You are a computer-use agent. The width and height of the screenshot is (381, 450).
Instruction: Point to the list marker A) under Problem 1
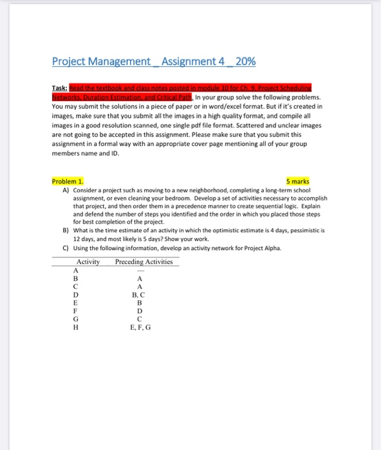point(66,191)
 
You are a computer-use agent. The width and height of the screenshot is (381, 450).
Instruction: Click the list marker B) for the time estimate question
point(66,228)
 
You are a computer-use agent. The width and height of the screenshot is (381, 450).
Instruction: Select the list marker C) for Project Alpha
point(66,248)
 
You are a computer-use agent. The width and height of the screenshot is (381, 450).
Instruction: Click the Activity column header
point(88,262)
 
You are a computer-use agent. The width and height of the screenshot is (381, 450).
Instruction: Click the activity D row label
point(75,294)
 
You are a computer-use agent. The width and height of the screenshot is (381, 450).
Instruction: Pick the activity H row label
point(75,327)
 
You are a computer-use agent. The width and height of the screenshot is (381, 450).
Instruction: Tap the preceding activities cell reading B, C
point(139,294)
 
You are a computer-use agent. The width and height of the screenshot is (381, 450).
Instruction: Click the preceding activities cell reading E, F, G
point(139,327)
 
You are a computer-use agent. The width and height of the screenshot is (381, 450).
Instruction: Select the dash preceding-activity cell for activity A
point(139,271)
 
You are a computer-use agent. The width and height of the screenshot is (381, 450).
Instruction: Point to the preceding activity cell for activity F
point(139,310)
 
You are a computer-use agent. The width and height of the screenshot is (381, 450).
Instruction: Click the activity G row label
point(75,319)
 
